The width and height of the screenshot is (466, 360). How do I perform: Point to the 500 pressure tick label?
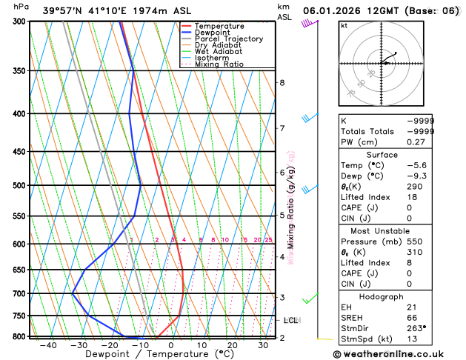(19, 185)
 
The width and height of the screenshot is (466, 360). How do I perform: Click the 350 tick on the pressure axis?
(19, 70)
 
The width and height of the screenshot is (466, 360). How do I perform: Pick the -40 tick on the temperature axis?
(49, 345)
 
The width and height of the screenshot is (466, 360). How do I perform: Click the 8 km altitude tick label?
(282, 82)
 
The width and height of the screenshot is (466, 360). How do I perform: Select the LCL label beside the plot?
(290, 320)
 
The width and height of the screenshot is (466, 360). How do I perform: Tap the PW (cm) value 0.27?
(421, 141)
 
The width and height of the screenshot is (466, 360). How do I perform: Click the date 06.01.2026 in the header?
(332, 11)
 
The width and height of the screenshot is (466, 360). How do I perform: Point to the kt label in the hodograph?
(344, 26)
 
